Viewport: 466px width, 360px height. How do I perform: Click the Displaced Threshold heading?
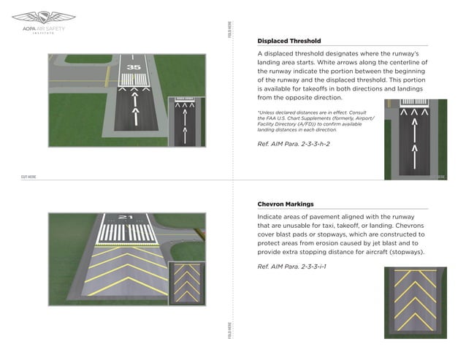pyautogui.click(x=289, y=41)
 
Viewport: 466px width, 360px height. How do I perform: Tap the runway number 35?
pyautogui.click(x=133, y=67)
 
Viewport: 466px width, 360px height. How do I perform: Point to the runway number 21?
pyautogui.click(x=125, y=217)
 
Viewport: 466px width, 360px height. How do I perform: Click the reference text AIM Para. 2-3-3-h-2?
pyautogui.click(x=294, y=144)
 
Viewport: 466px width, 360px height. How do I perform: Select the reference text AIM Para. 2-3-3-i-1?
pyautogui.click(x=291, y=266)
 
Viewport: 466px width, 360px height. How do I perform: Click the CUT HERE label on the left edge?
pyautogui.click(x=28, y=177)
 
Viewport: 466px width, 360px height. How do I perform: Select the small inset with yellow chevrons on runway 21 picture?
pyautogui.click(x=184, y=283)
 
